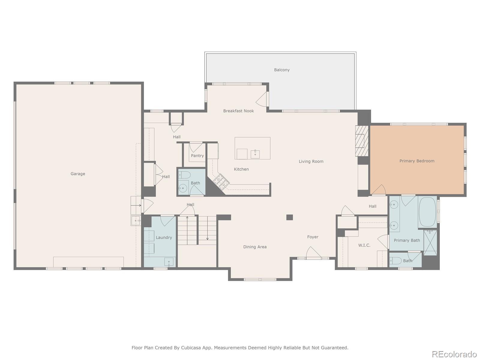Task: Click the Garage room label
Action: click(x=78, y=174)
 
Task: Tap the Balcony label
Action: click(x=282, y=70)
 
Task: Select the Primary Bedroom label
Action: click(x=417, y=161)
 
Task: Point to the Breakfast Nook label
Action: click(x=238, y=111)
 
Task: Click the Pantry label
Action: click(x=197, y=156)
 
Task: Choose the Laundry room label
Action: click(x=164, y=237)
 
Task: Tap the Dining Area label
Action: click(x=255, y=247)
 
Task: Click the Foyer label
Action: click(x=313, y=237)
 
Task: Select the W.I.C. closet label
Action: click(x=364, y=245)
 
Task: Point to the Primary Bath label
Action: click(x=407, y=240)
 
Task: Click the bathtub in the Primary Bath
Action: click(x=427, y=212)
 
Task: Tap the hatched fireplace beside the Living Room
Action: click(x=362, y=141)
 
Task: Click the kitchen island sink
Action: click(x=255, y=154)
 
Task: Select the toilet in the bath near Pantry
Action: click(x=184, y=175)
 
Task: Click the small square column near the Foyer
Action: click(x=289, y=217)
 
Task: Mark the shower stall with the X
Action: click(x=430, y=243)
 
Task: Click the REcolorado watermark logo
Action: click(x=454, y=354)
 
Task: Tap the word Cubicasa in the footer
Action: click(x=191, y=347)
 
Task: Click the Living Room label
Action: click(x=311, y=161)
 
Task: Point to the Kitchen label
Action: click(x=241, y=169)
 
